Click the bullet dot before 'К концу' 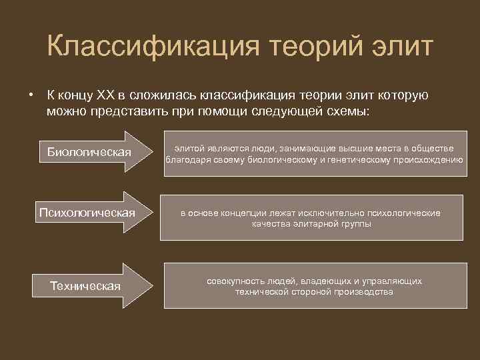31,95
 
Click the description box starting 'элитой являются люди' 313,154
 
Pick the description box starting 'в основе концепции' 313,218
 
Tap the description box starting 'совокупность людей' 313,286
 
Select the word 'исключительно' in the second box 321,213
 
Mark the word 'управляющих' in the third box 395,281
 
